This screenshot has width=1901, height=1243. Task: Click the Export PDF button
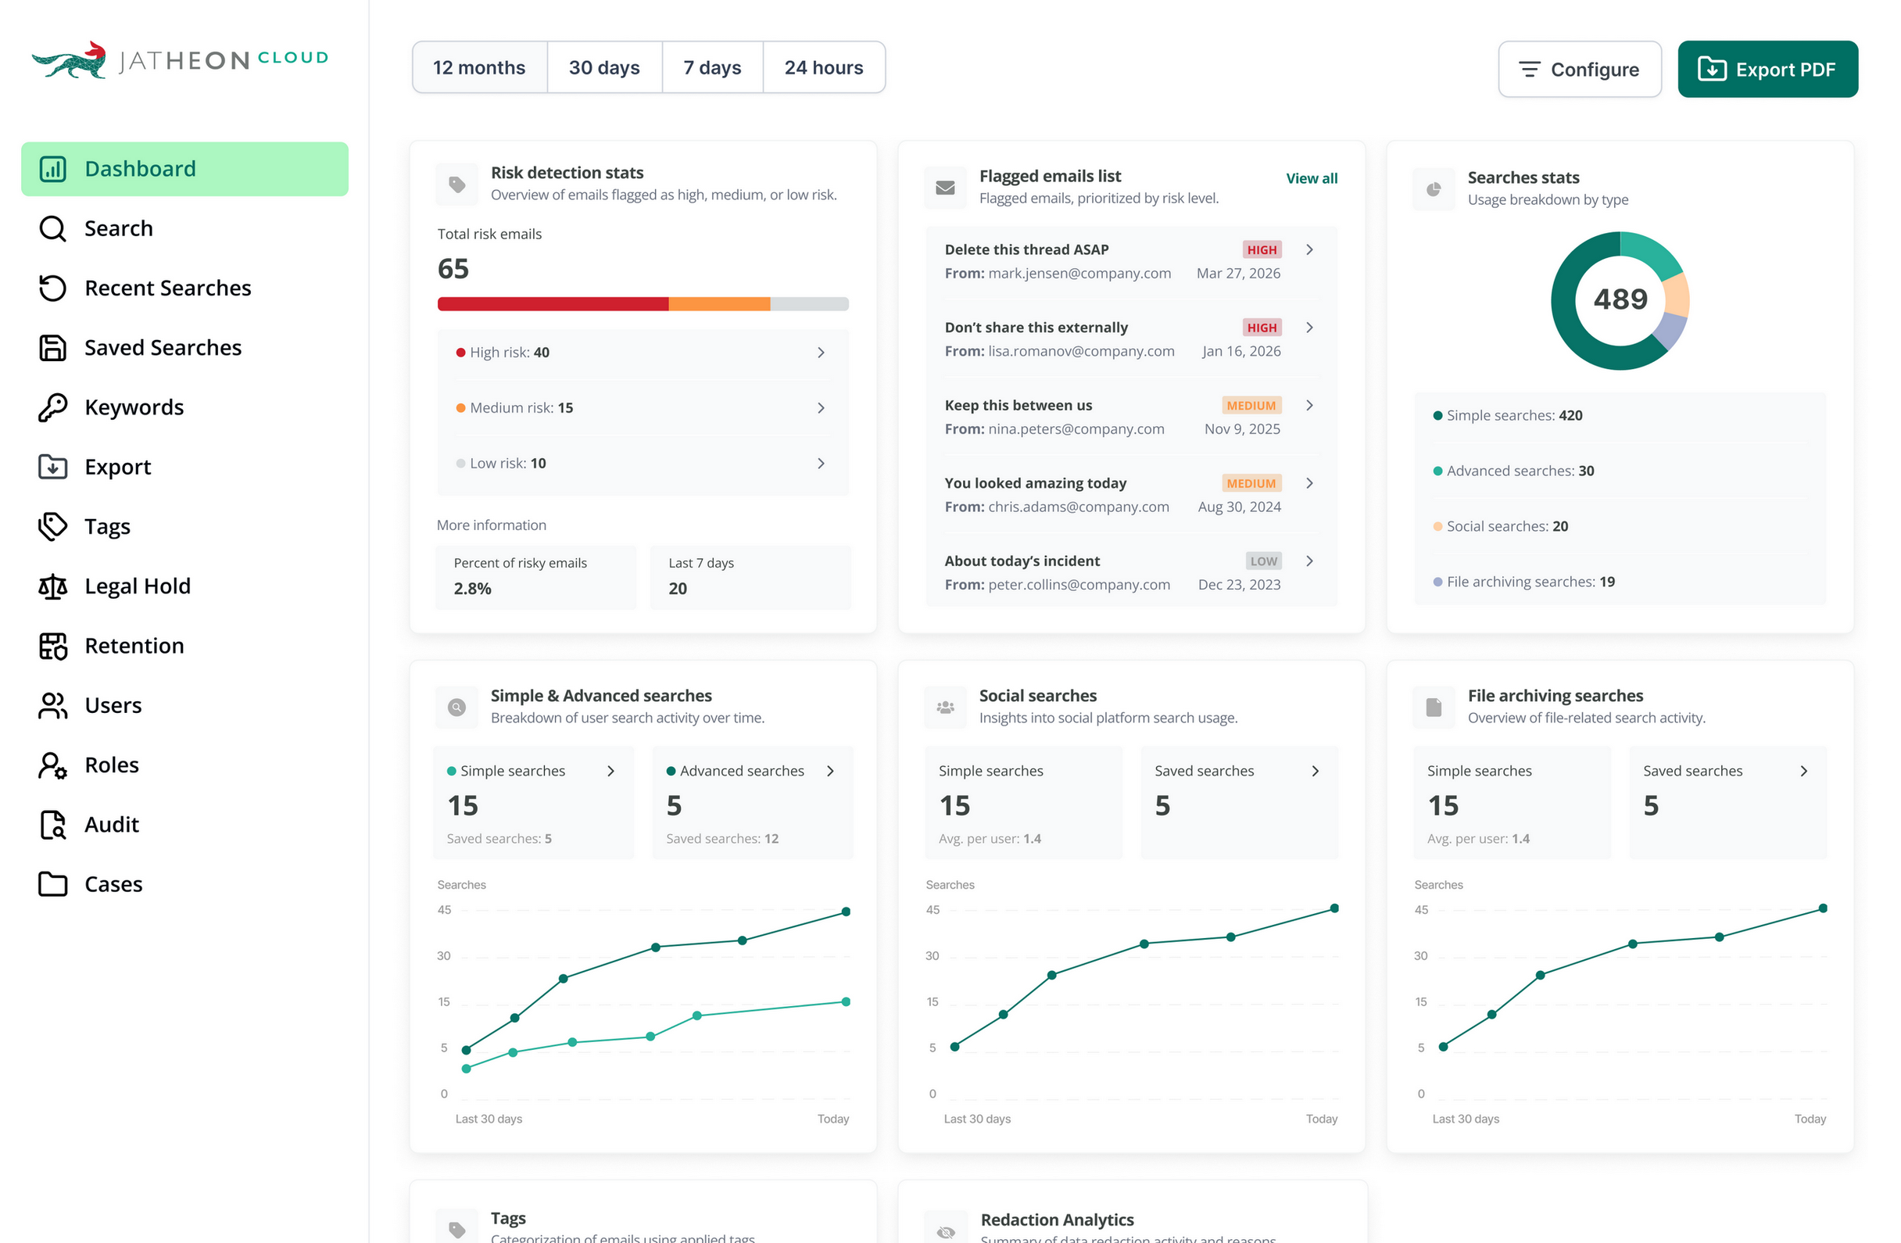click(x=1767, y=70)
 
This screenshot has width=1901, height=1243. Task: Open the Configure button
click(x=1579, y=70)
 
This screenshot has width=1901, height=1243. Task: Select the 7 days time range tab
click(x=711, y=68)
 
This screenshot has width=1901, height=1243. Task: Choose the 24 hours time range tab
click(x=824, y=68)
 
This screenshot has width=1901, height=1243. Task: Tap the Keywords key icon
click(x=52, y=407)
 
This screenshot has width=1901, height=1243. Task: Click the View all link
click(x=1312, y=178)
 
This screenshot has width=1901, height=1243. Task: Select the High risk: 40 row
click(x=643, y=353)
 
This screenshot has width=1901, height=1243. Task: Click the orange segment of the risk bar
click(x=719, y=303)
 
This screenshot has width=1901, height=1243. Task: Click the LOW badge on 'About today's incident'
click(x=1264, y=561)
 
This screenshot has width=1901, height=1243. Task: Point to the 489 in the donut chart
click(x=1620, y=299)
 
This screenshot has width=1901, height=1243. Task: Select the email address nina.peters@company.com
click(x=1076, y=429)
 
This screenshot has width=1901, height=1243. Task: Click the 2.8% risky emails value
click(x=473, y=589)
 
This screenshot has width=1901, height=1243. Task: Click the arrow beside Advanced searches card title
click(x=831, y=771)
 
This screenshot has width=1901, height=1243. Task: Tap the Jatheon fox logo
click(x=70, y=60)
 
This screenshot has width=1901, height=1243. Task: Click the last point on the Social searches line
click(x=1334, y=908)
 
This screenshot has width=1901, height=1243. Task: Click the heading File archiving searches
click(x=1556, y=696)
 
